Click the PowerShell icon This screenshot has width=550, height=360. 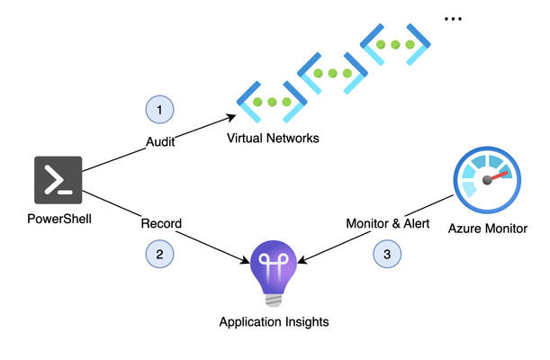click(x=59, y=180)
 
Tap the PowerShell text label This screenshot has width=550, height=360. click(x=59, y=219)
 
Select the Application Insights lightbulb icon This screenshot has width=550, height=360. click(x=274, y=274)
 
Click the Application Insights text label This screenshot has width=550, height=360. click(x=274, y=322)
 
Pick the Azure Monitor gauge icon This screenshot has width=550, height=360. click(x=487, y=180)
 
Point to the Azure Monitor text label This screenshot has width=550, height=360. click(x=488, y=229)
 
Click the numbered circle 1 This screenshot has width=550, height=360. click(x=159, y=110)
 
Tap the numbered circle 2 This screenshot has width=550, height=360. click(x=159, y=254)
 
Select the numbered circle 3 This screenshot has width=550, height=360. click(x=387, y=254)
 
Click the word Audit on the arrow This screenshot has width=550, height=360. click(x=160, y=142)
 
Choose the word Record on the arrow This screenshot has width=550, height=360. click(x=161, y=223)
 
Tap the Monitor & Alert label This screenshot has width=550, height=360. click(x=388, y=223)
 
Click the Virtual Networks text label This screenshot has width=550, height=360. click(x=273, y=138)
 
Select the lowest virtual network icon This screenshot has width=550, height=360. click(x=272, y=102)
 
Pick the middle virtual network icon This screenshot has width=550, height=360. click(x=332, y=73)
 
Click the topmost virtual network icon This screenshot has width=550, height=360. click(x=395, y=44)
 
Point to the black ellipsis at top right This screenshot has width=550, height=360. click(x=453, y=19)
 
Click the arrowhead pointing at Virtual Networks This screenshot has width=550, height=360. click(x=231, y=117)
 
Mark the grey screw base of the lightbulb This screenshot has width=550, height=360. click(x=274, y=301)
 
